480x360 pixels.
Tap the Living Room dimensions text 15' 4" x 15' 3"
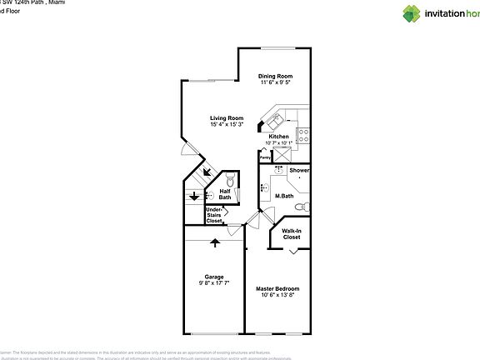coord(226,125)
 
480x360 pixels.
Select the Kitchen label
coord(278,137)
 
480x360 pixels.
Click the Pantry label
coord(265,157)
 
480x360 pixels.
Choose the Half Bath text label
coord(225,194)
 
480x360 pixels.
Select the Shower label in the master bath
coord(299,170)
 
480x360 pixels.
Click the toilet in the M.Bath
coord(304,206)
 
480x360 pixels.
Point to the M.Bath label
coord(284,197)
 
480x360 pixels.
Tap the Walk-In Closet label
coord(291,234)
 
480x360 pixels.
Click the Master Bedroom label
coord(277,288)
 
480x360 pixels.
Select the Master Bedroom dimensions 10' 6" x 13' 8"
coord(277,295)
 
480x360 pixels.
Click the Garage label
coord(214,277)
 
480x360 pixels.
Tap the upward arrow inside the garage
coord(215,242)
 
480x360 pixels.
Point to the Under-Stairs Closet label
coord(214,215)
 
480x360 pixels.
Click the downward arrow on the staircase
coord(193,197)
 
